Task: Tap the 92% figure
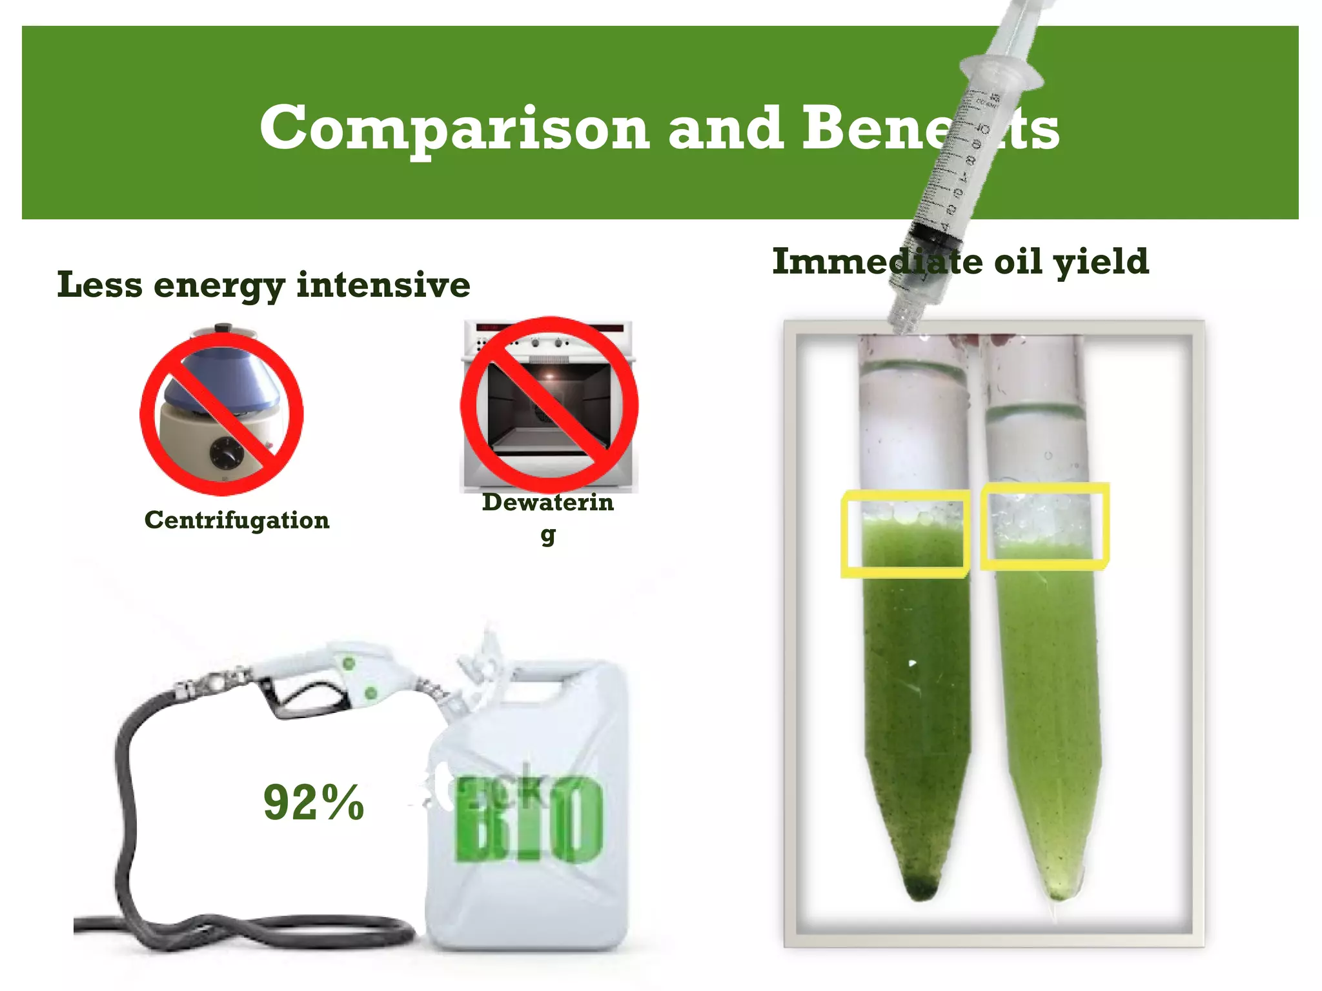pyautogui.click(x=314, y=803)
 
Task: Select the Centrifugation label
pyautogui.click(x=236, y=520)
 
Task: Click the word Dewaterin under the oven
pyautogui.click(x=547, y=503)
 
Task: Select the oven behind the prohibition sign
pyautogui.click(x=549, y=406)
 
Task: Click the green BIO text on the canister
pyautogui.click(x=529, y=823)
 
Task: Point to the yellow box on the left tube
pyautogui.click(x=905, y=534)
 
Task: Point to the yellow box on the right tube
pyautogui.click(x=1044, y=526)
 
